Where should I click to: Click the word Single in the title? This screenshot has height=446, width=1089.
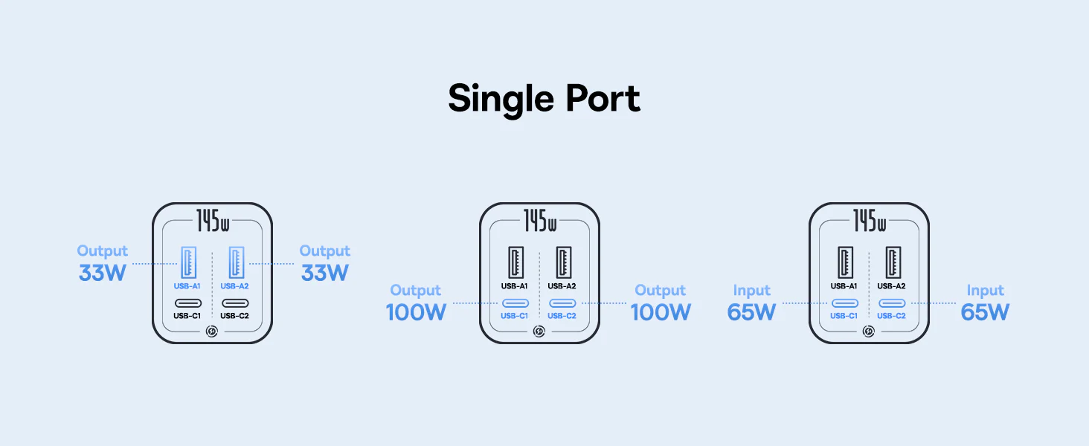tap(501, 100)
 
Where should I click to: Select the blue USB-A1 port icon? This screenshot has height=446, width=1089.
tap(188, 262)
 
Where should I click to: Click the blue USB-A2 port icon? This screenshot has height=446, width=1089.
tap(237, 262)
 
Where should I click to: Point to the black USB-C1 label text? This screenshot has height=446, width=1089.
tap(187, 316)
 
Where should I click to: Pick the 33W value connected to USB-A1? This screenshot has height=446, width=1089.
tap(103, 273)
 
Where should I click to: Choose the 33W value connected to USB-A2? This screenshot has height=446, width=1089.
tap(325, 273)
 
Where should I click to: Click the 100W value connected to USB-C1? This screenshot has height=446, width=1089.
tap(416, 312)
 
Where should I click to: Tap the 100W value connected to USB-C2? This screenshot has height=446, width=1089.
tap(661, 312)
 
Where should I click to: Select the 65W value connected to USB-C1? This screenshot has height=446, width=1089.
tap(751, 312)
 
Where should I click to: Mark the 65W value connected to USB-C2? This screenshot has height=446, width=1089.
tap(985, 312)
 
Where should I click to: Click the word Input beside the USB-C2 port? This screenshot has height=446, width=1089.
tap(985, 291)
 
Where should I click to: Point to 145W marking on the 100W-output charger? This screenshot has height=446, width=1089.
tap(539, 221)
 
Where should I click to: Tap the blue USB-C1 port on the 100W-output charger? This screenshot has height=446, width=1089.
tap(515, 303)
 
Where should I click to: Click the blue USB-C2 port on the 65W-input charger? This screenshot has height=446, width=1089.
tap(892, 303)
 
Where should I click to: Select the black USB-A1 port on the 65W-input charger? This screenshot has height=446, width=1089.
tap(845, 262)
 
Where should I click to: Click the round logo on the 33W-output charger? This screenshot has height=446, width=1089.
tap(212, 332)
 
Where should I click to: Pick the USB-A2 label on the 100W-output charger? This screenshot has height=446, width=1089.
tap(562, 286)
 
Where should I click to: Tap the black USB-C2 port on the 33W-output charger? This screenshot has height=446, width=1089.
tap(235, 303)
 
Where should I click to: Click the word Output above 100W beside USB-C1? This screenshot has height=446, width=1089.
tap(416, 291)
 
